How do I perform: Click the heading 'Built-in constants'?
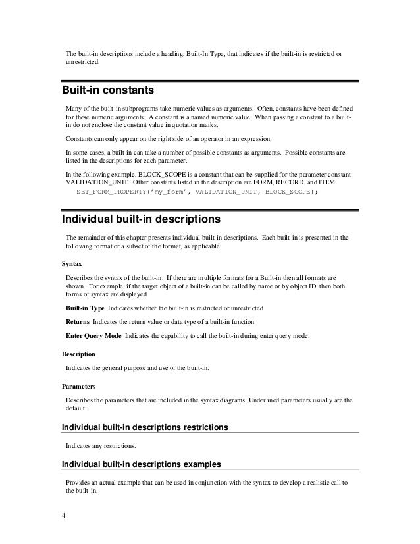[107, 89]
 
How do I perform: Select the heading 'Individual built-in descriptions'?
[140, 217]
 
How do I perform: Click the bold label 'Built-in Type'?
[84, 308]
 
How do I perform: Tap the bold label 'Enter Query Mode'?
[93, 336]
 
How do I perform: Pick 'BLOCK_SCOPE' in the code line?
[290, 192]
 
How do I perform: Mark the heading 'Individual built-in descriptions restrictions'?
[145, 427]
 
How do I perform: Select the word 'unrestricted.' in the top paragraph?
[83, 63]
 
